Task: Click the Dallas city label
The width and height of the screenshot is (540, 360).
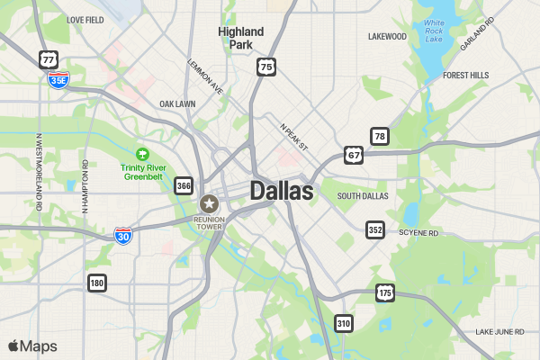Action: tap(282, 191)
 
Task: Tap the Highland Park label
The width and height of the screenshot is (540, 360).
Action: tap(241, 38)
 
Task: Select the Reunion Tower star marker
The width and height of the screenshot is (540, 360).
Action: tap(210, 203)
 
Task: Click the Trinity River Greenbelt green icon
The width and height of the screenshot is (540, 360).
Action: tap(141, 154)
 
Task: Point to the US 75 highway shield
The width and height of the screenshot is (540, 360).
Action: tap(265, 67)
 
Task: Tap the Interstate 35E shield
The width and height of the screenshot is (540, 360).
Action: tap(58, 80)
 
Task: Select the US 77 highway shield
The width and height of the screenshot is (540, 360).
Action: tap(49, 59)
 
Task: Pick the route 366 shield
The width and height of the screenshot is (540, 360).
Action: tap(184, 185)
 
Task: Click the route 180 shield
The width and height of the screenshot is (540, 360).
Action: tap(97, 283)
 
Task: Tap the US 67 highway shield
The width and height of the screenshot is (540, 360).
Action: tap(353, 156)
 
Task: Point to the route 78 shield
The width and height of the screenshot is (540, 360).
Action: tap(380, 137)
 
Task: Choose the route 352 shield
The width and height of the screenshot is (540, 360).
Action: tap(375, 230)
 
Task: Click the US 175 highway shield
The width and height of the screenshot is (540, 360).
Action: tap(385, 293)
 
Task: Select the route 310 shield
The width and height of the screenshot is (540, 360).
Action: tap(343, 323)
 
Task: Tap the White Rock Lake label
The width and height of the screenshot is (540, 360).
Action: tap(435, 31)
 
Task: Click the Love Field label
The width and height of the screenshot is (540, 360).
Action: tap(85, 19)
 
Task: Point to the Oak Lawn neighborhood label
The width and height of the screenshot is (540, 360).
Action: tap(177, 104)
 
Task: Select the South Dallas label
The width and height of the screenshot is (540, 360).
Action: tap(362, 195)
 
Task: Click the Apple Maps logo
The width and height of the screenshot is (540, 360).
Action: tap(32, 346)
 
